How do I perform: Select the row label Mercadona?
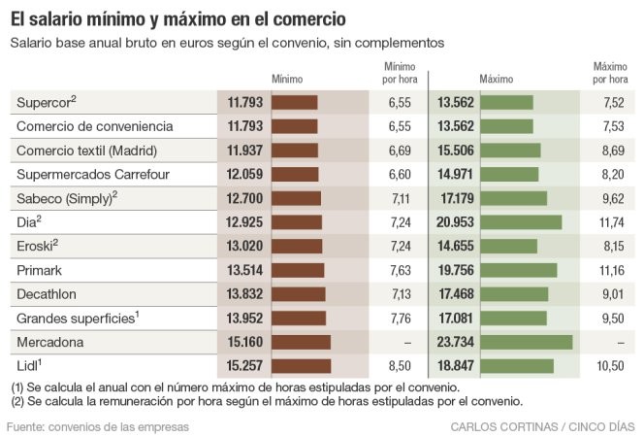50,342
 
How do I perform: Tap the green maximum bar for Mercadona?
527,342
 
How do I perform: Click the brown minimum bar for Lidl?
301,366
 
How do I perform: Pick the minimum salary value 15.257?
246,366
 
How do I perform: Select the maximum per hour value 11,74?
610,222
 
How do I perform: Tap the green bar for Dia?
521,222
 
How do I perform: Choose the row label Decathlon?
48,294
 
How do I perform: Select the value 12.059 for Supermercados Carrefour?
246,174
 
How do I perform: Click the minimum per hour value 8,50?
400,366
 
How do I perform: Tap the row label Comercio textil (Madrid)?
86,150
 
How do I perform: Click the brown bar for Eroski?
296,246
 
